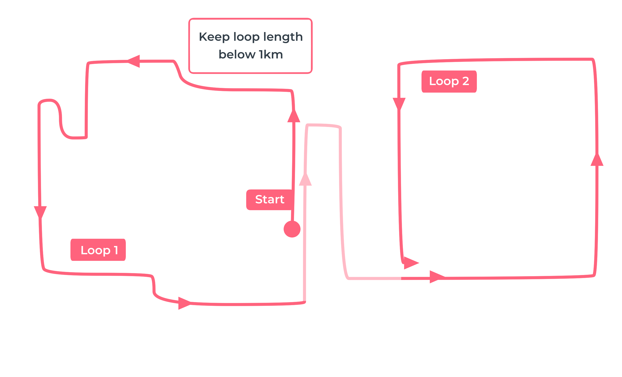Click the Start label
tap(269, 200)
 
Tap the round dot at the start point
tap(292, 229)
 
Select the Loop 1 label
tap(98, 250)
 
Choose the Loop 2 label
tap(449, 82)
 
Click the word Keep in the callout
tap(214, 37)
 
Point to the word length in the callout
tap(283, 37)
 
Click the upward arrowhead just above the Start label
tap(294, 116)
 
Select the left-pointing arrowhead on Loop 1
tap(134, 61)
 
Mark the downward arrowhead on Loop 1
tap(40, 212)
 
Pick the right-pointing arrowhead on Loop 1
tap(185, 303)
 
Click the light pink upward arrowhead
tap(305, 179)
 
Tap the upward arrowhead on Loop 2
tap(597, 159)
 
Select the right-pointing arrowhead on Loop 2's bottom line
tap(438, 277)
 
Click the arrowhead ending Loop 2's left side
tap(411, 263)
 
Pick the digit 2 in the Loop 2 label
tap(466, 81)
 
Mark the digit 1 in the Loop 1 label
tap(116, 250)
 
